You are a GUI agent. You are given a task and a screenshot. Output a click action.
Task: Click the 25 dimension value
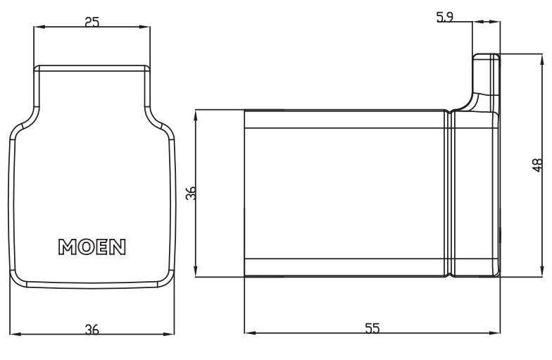(x=91, y=21)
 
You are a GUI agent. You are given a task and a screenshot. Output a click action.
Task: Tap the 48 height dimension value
(x=537, y=165)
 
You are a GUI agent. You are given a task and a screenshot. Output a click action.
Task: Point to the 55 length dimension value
(x=373, y=328)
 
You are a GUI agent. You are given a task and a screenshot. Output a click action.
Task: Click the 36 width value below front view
(x=92, y=328)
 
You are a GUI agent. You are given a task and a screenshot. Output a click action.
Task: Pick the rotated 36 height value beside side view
(x=189, y=194)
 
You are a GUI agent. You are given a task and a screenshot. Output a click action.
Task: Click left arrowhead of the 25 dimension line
(x=37, y=28)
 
